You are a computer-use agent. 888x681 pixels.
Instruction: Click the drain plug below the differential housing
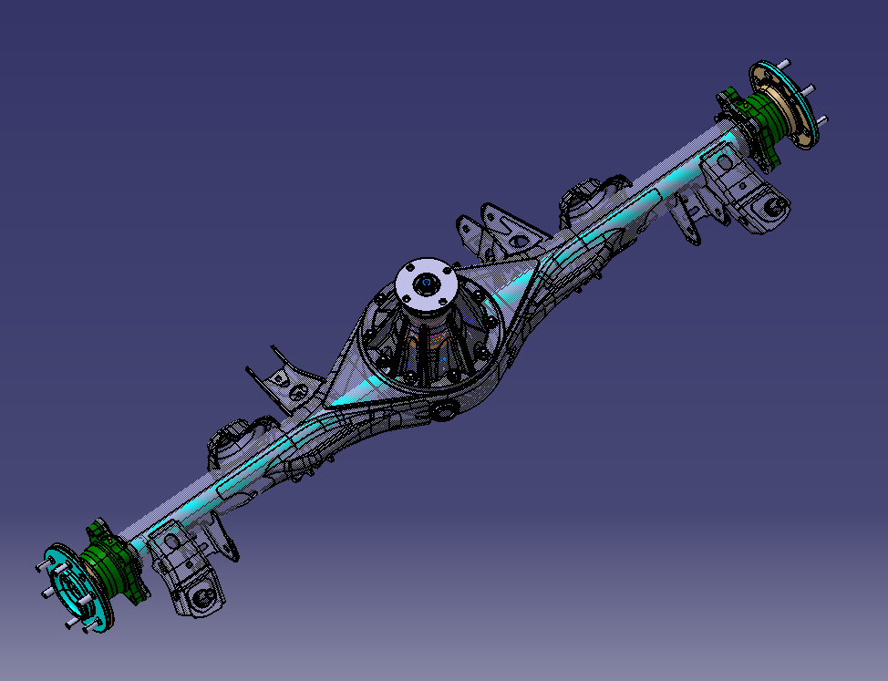pos(445,413)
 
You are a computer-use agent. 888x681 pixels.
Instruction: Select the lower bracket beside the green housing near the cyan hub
pos(187,570)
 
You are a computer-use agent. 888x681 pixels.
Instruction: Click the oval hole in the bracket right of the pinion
pos(520,242)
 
